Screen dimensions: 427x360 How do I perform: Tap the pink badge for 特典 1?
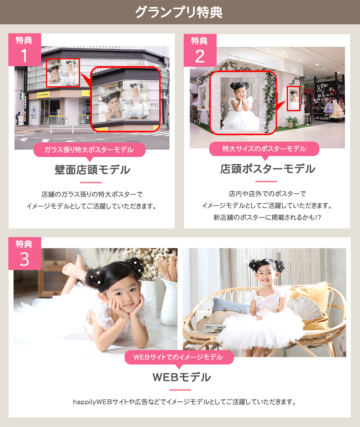(25, 50)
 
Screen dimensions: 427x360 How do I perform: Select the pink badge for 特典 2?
(200, 50)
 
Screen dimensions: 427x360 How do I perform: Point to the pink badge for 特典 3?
(25, 253)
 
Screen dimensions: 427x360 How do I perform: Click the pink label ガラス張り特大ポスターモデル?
(89, 150)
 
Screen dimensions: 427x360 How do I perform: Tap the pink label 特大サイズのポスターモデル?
(264, 149)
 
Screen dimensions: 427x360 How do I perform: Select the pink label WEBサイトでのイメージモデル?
(179, 357)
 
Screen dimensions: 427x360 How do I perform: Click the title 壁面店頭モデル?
(92, 170)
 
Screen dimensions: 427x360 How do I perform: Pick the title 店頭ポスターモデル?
(267, 169)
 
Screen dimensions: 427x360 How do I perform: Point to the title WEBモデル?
(182, 377)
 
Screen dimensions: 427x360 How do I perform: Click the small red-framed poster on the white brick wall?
(293, 99)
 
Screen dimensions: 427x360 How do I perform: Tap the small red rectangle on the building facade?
(63, 73)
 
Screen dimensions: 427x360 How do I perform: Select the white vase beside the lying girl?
(169, 302)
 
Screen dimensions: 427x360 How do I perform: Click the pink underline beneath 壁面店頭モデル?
(90, 183)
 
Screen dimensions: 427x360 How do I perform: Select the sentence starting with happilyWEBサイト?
(184, 402)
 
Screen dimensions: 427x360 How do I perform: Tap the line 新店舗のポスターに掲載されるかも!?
(267, 218)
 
